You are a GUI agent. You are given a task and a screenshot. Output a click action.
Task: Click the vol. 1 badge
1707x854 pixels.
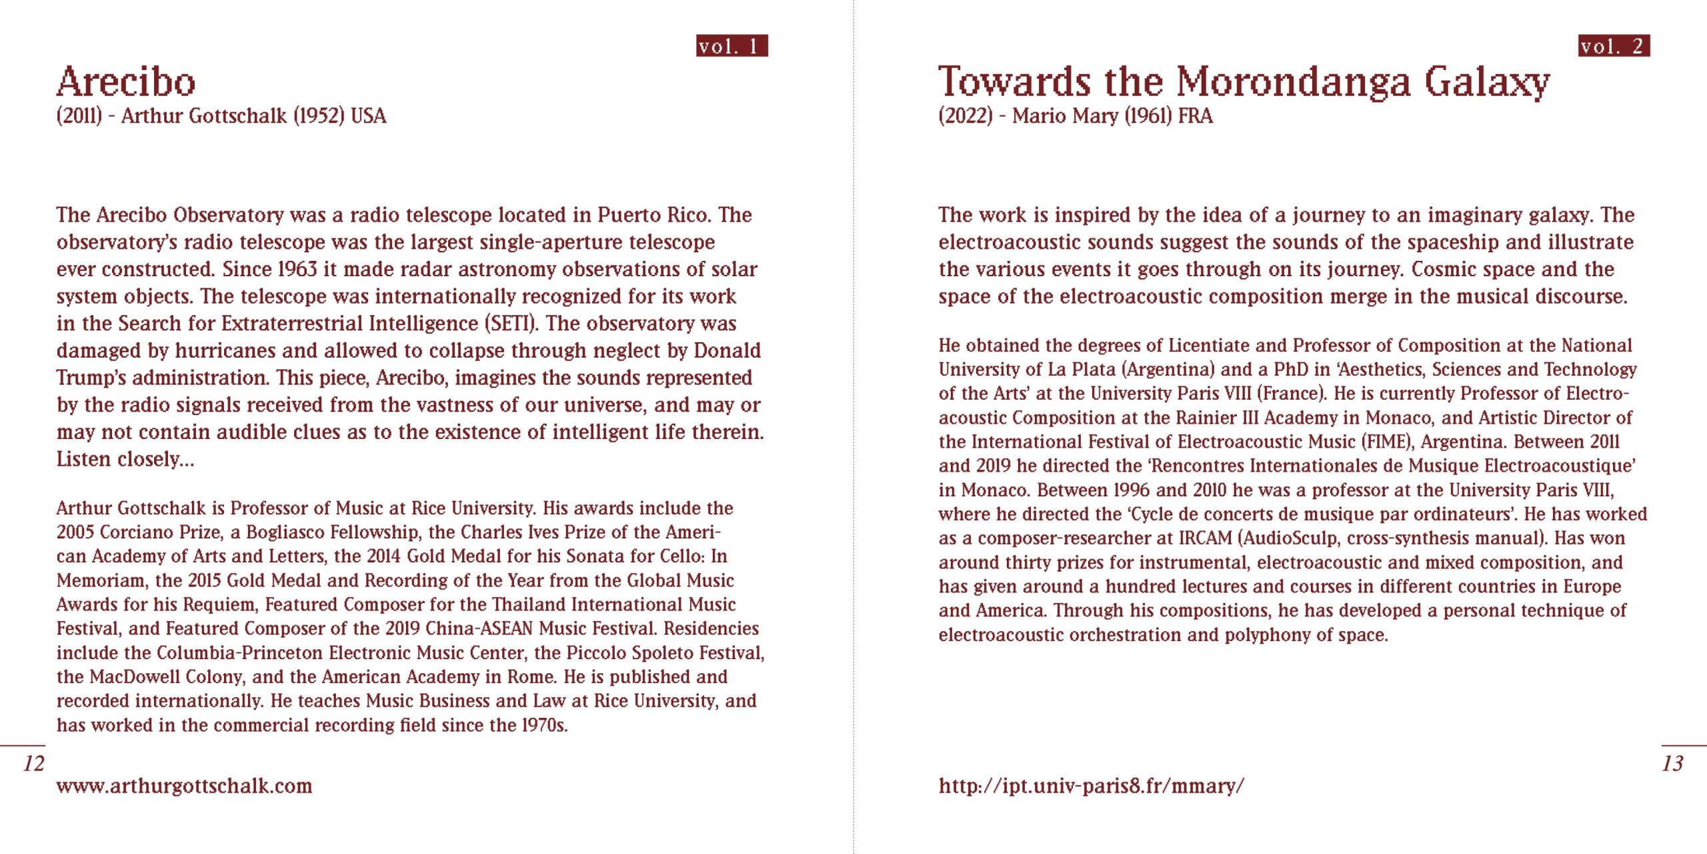731,45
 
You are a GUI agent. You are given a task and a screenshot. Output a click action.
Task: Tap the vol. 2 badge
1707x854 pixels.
1614,45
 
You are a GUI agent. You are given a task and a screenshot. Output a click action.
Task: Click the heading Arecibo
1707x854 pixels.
126,81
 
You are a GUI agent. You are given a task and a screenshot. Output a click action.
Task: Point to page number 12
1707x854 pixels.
33,763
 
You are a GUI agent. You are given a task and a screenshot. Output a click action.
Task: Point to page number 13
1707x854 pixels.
1672,763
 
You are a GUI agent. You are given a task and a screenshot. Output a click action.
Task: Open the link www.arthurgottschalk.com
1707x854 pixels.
184,786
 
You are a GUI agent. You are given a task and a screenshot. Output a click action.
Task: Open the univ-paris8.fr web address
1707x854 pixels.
1091,786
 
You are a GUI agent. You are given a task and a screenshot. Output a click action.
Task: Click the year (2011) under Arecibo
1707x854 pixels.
79,116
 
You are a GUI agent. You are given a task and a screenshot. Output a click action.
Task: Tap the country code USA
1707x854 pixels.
369,116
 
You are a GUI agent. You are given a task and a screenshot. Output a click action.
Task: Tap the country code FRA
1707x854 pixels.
1196,116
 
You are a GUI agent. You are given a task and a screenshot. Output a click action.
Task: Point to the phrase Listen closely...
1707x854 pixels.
125,460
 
